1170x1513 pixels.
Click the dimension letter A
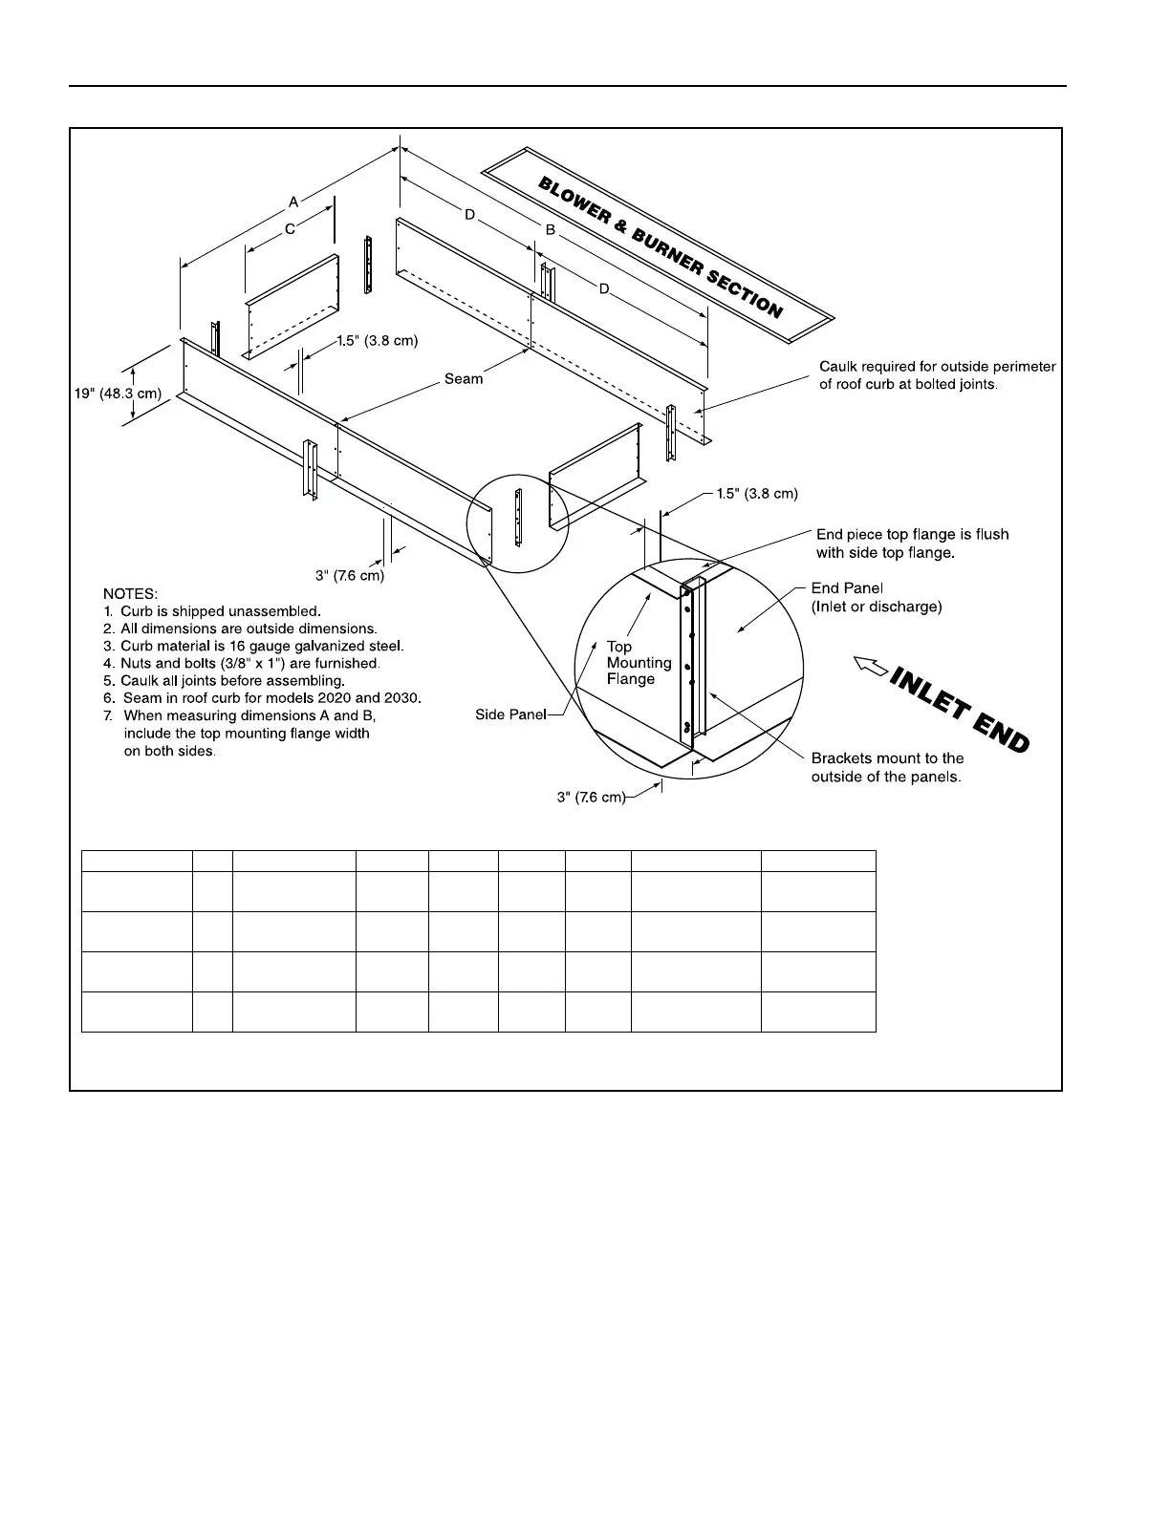(x=293, y=202)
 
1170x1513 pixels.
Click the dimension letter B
(x=550, y=230)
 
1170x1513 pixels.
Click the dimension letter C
(x=290, y=229)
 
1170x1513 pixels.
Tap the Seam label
(x=464, y=379)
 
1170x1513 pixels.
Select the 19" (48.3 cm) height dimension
(x=118, y=394)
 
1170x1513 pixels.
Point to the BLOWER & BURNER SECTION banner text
(x=660, y=246)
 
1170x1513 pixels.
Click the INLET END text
(x=959, y=710)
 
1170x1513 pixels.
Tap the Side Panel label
(x=510, y=714)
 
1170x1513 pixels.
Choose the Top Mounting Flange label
(x=639, y=663)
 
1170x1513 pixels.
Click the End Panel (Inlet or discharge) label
(x=876, y=597)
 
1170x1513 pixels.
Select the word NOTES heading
(x=130, y=593)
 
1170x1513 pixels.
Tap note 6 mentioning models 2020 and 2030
(x=262, y=698)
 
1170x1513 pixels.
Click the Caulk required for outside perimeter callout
(x=937, y=375)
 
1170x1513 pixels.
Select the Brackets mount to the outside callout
(x=886, y=767)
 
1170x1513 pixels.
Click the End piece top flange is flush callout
(x=912, y=543)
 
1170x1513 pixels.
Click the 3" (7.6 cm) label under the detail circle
(x=591, y=797)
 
